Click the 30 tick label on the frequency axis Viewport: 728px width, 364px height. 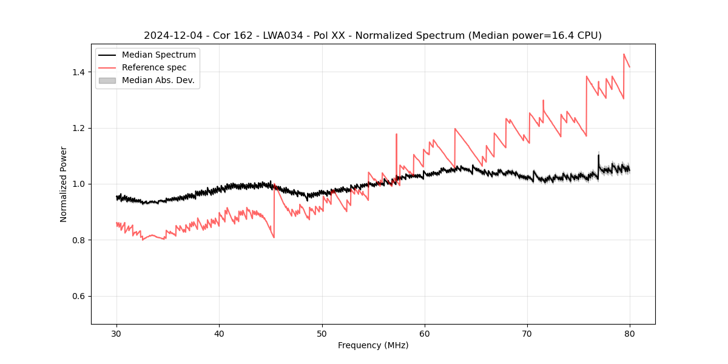pos(116,334)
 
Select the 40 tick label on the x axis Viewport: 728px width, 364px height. pos(219,334)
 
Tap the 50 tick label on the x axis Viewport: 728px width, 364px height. pos(322,334)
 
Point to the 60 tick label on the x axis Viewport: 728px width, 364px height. pos(425,334)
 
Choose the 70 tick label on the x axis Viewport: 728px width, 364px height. pos(527,334)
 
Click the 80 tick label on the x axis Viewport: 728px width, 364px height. pos(630,334)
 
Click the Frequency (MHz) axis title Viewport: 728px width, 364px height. pos(373,345)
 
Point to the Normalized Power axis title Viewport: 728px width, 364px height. pos(64,184)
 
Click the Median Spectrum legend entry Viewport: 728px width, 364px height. pos(158,55)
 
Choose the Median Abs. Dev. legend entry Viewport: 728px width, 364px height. pos(158,80)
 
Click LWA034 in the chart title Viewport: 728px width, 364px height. pos(283,36)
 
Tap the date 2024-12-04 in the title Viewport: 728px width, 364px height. pos(172,36)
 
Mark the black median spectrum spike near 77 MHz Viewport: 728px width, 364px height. pos(598,155)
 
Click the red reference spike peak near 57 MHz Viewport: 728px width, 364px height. pos(396,135)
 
